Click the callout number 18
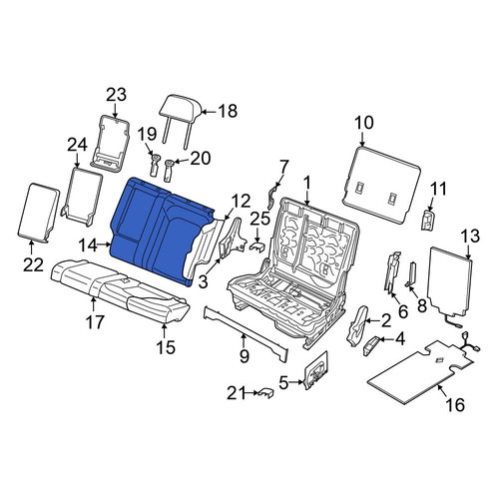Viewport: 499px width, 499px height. point(228,111)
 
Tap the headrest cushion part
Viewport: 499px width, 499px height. point(181,107)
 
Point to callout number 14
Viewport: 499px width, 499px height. point(88,246)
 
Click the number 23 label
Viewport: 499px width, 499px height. point(117,95)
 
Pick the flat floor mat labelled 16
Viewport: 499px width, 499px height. point(421,372)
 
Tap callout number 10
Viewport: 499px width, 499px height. point(364,123)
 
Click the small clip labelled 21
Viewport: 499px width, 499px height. point(265,393)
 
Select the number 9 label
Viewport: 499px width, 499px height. point(245,356)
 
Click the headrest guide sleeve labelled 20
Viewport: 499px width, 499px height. point(170,170)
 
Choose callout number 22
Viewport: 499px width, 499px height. point(33,265)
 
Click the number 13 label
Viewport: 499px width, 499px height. point(470,236)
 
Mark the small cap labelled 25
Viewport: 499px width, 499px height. point(257,247)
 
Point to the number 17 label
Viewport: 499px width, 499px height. point(95,321)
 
